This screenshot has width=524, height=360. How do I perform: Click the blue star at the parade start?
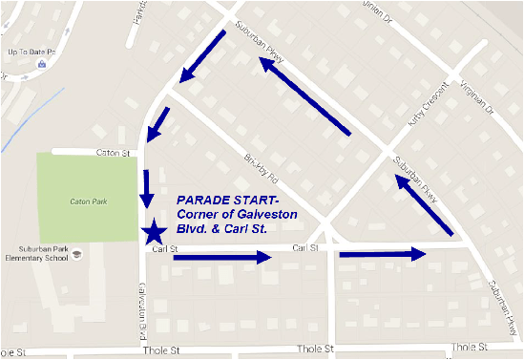154,232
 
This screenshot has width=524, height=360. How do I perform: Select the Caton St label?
111,152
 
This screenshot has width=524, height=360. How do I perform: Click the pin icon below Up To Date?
41,64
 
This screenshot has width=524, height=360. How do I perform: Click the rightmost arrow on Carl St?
381,254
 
